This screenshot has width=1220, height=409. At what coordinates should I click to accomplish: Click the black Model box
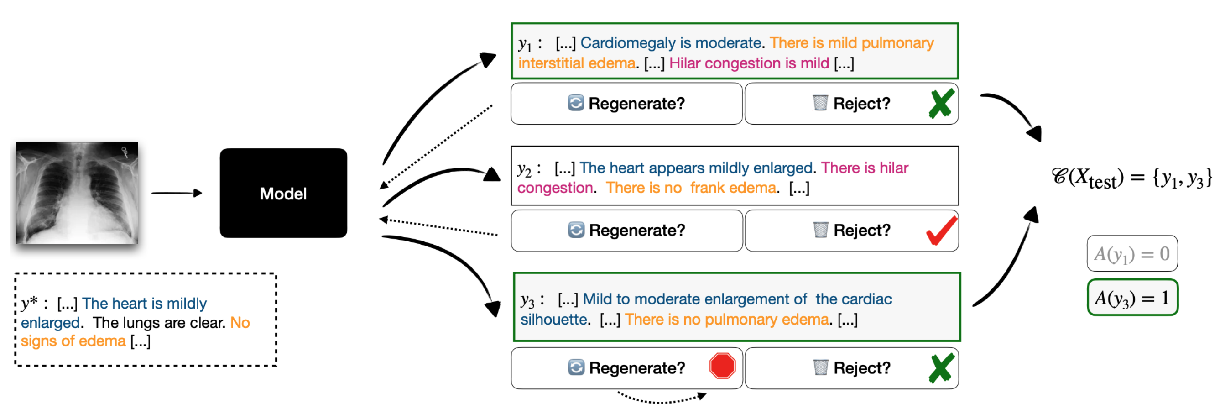[x=283, y=193]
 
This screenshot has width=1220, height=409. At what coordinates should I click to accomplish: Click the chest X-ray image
[x=77, y=193]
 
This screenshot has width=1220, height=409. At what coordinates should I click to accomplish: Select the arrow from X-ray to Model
[x=177, y=193]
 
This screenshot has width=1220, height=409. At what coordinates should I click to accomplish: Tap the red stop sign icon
[x=722, y=366]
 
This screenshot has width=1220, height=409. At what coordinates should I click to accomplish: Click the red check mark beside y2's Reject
[x=941, y=231]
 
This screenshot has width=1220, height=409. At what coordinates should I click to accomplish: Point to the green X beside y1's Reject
[x=941, y=104]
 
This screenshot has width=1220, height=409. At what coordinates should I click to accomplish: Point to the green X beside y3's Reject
[x=941, y=368]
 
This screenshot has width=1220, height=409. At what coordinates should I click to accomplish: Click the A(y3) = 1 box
[x=1132, y=298]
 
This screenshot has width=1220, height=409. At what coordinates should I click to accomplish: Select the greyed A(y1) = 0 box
[x=1131, y=253]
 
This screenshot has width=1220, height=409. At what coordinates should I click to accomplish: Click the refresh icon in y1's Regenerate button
[x=575, y=103]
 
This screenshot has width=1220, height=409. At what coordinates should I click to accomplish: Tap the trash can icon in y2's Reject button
[x=820, y=230]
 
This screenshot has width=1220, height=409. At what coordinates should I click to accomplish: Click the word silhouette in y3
[x=553, y=320]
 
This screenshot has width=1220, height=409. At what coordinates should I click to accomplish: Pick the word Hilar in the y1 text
[x=684, y=63]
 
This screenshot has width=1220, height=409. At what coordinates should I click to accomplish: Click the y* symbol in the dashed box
[x=29, y=302]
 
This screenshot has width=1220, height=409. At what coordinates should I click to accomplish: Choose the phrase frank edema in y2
[x=733, y=188]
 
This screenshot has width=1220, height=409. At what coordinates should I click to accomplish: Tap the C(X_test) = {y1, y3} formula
[x=1131, y=178]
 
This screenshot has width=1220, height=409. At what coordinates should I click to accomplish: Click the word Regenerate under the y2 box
[x=636, y=231]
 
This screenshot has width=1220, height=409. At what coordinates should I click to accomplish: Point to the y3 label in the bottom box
[x=527, y=299]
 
